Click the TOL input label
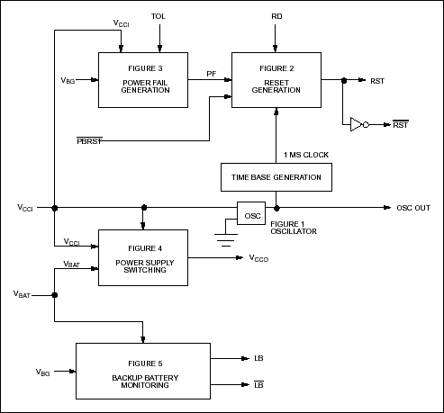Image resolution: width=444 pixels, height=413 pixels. click(x=159, y=17)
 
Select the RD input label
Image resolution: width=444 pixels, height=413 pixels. click(x=276, y=17)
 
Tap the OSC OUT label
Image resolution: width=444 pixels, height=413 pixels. click(x=412, y=208)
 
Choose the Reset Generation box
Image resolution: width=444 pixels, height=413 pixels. click(x=276, y=80)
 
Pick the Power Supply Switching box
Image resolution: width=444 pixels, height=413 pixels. click(x=141, y=257)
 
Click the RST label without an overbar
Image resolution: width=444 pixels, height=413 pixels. click(x=378, y=80)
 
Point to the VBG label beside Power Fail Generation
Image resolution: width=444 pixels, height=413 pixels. click(x=68, y=80)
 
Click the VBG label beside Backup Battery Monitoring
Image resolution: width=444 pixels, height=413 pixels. click(x=42, y=371)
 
